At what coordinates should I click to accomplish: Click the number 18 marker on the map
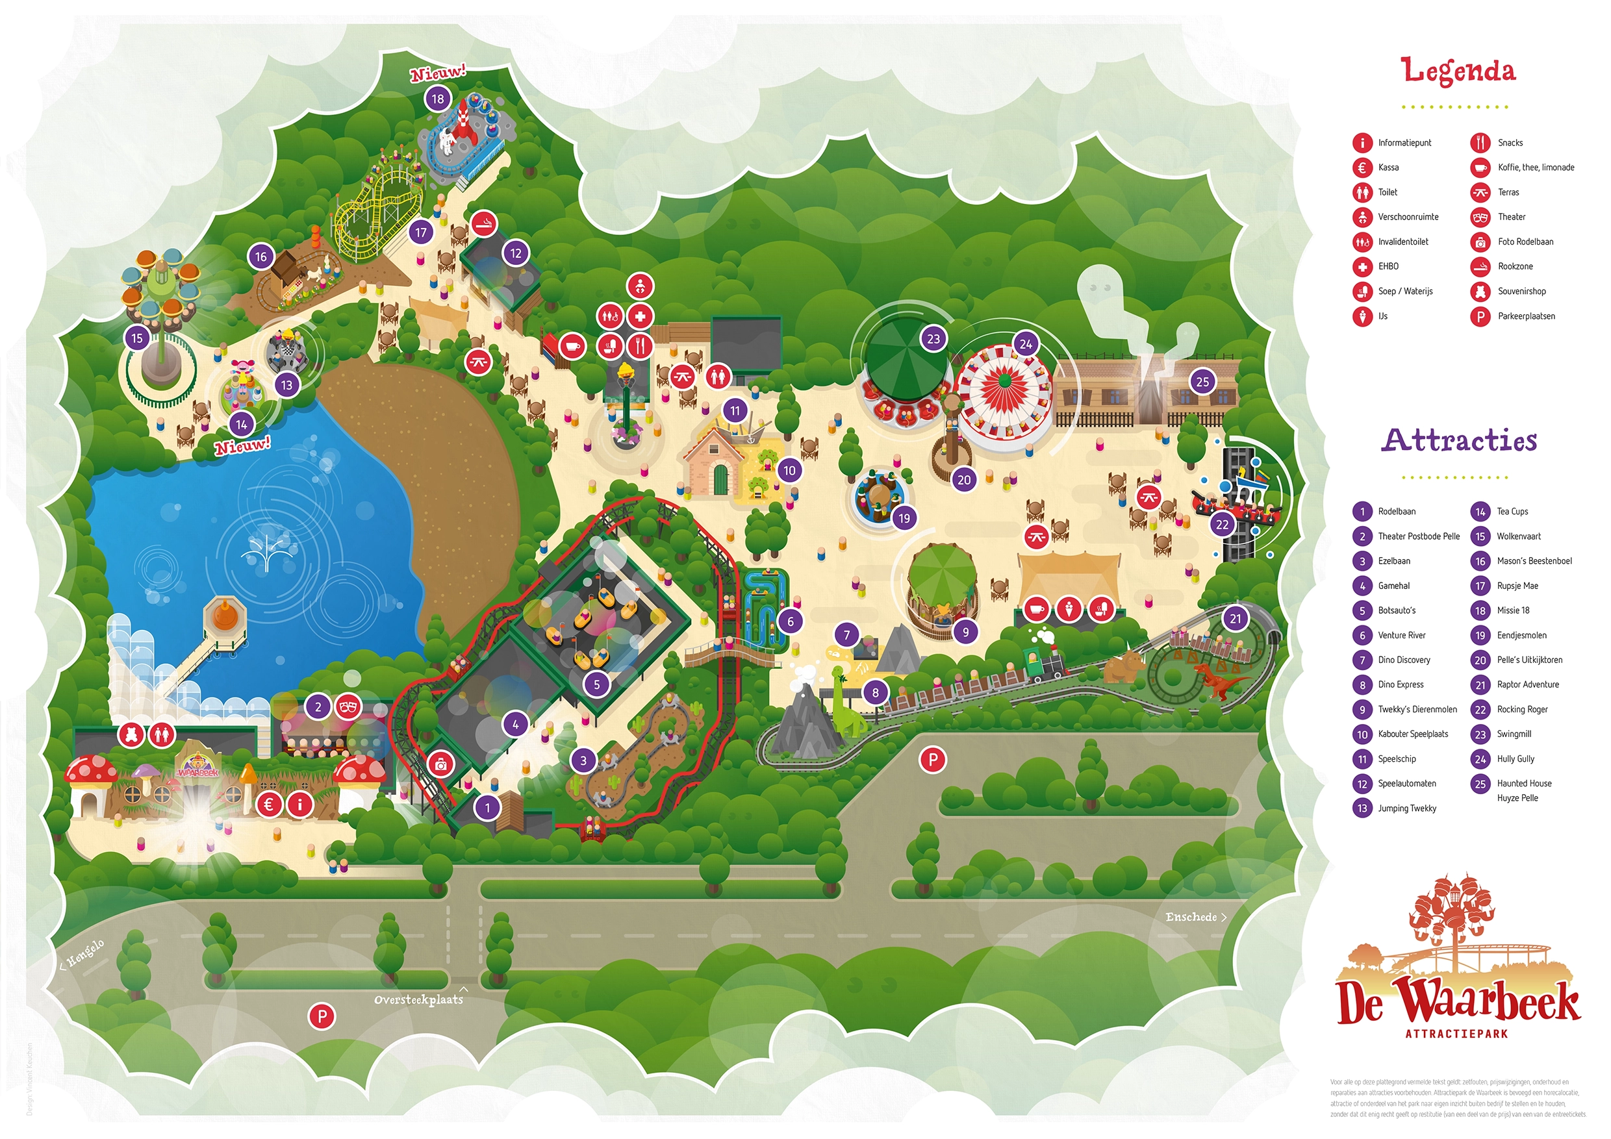coord(438,99)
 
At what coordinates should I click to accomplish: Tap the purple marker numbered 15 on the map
coord(137,339)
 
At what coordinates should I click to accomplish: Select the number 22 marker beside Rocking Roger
coord(1223,525)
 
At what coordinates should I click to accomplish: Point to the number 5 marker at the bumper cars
coord(596,684)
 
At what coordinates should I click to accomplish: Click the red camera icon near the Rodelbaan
coord(440,765)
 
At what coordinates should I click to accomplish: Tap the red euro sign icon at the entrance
coord(269,805)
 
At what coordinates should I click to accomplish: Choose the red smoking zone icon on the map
coord(483,225)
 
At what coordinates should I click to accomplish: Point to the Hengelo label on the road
coord(84,954)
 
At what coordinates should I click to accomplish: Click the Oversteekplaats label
coord(418,1000)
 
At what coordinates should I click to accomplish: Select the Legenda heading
coord(1458,71)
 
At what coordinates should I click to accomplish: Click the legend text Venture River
coord(1401,636)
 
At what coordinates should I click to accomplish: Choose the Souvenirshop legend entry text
coord(1521,292)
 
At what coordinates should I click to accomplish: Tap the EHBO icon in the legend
coord(1362,267)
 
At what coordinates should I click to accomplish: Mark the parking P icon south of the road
coord(322,1016)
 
